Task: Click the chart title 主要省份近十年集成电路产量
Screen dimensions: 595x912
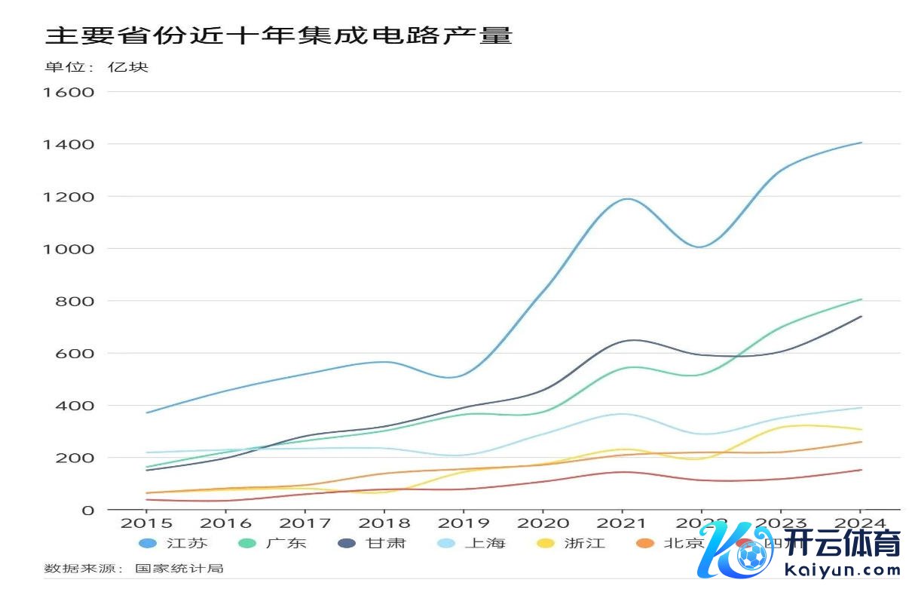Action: (279, 35)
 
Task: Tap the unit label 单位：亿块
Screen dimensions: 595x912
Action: (97, 67)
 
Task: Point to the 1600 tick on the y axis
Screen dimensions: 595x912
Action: (69, 92)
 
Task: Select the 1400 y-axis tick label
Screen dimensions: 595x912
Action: (69, 144)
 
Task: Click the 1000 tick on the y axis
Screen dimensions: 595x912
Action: (69, 249)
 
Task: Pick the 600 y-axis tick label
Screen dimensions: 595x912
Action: (75, 353)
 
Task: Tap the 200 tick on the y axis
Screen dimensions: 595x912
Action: (75, 458)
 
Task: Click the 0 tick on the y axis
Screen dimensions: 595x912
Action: (89, 511)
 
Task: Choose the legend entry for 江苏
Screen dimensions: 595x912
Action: (173, 543)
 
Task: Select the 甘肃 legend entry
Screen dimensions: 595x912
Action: (372, 543)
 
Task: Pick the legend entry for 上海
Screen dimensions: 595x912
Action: (471, 543)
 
